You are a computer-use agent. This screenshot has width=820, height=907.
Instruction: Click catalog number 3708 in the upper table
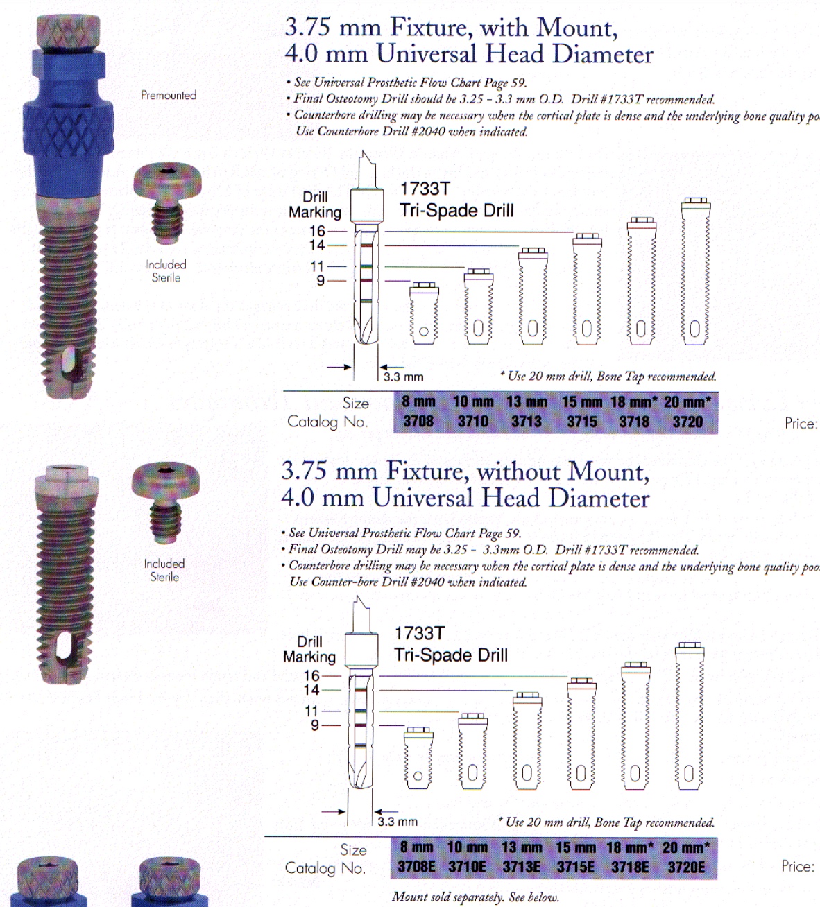click(418, 422)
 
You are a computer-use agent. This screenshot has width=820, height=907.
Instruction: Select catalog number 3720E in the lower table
click(686, 867)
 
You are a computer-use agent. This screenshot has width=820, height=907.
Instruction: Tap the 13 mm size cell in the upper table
click(527, 402)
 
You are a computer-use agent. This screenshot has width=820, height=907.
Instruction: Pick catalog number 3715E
click(575, 867)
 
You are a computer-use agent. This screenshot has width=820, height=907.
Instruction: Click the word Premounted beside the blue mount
click(169, 95)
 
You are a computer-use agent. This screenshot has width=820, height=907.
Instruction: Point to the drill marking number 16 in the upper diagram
click(317, 231)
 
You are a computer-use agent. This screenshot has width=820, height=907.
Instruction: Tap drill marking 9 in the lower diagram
click(315, 725)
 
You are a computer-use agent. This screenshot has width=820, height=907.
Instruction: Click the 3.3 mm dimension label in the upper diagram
click(403, 377)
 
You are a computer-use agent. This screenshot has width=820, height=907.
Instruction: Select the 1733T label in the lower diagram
click(419, 633)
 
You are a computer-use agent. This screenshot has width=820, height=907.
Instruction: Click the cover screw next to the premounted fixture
click(167, 202)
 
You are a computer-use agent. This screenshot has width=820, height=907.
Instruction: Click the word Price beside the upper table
click(801, 423)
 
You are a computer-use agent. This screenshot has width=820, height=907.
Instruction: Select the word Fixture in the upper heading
click(429, 28)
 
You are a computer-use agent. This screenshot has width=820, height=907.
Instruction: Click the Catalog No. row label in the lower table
click(325, 867)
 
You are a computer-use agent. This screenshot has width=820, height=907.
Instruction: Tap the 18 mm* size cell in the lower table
click(629, 847)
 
